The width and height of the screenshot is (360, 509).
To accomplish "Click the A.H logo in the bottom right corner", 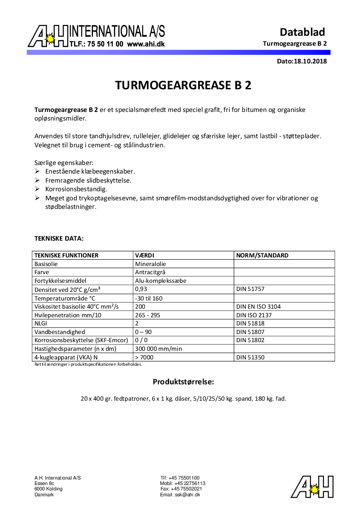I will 312,487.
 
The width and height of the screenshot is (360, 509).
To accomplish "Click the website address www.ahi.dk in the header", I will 146,44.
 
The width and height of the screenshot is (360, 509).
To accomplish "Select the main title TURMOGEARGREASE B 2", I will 183,86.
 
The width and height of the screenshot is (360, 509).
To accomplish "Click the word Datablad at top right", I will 302,32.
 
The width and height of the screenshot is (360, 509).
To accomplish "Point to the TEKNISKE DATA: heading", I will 59,238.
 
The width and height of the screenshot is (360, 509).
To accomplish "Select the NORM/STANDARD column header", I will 262,255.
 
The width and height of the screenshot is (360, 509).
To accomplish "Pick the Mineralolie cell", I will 151,264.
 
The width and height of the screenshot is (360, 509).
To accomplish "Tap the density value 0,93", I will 141,289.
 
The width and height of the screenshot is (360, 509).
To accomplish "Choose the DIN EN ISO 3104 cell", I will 258,306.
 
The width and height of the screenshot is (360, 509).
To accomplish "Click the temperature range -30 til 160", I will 149,298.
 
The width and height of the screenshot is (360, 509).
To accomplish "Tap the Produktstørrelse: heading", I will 183,382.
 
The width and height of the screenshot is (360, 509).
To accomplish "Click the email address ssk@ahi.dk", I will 180,494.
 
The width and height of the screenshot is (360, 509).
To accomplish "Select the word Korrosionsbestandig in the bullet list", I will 76,189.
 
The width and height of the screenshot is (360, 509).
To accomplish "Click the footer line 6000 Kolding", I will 49,489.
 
